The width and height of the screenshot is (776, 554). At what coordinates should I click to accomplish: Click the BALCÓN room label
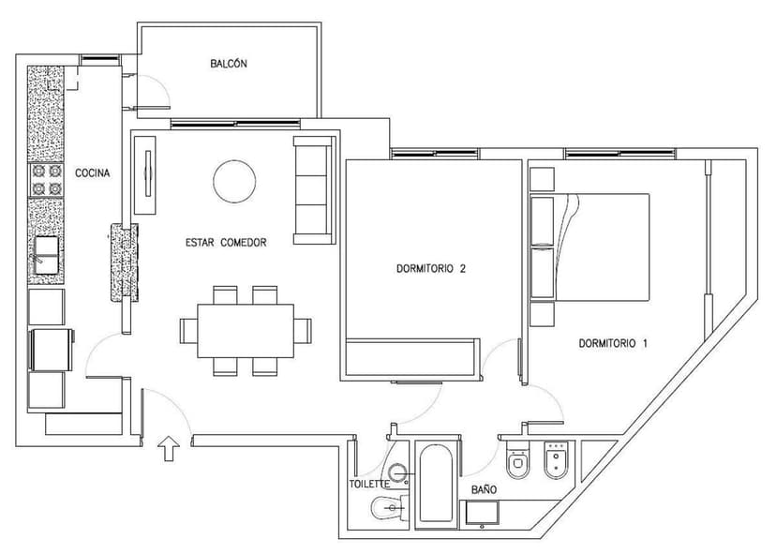229,64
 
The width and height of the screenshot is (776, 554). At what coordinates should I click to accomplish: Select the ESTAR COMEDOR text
226,242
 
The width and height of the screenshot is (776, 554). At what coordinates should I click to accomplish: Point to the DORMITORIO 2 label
430,268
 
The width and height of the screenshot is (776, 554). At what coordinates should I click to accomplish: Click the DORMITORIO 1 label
613,343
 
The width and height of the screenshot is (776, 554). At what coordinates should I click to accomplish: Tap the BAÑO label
484,489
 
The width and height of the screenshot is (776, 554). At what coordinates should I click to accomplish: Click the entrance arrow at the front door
168,449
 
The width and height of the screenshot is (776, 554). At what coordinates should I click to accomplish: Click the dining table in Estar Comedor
246,331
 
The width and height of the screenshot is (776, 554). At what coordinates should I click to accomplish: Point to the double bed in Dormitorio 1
600,247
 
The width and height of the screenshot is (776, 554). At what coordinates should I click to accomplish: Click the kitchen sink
47,254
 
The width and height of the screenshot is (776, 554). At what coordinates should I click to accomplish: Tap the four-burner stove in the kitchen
46,180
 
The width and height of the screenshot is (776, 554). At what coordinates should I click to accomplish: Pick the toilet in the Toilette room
387,509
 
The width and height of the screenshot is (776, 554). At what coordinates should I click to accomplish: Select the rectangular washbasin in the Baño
483,512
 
